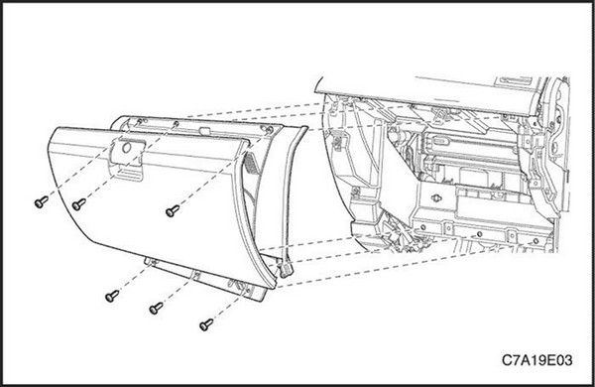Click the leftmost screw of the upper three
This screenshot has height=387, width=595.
41,201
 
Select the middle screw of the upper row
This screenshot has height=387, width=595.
78,204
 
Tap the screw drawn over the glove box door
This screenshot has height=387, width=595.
173,210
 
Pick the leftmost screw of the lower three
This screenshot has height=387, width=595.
112,296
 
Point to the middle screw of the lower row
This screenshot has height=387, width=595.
156,308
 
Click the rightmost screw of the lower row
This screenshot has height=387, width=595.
206,324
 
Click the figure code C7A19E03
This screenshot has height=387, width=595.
536,360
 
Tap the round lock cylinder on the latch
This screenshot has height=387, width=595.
127,148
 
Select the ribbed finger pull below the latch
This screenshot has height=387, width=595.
129,175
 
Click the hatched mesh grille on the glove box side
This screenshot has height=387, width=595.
251,161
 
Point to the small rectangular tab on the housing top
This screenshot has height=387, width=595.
204,131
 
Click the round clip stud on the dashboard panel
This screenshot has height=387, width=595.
436,197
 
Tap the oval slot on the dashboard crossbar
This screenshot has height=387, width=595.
439,140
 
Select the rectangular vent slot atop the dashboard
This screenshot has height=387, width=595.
514,80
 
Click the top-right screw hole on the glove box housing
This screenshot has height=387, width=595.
269,130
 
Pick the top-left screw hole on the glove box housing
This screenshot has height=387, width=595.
140,121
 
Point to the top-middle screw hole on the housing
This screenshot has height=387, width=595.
176,124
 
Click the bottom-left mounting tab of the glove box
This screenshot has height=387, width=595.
151,261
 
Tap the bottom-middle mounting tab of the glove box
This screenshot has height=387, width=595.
196,275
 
